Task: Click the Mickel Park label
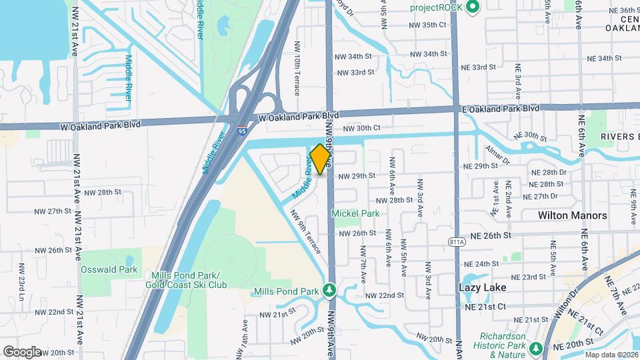[x=356, y=214]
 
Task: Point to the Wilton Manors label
[x=573, y=215]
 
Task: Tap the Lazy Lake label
[x=482, y=287]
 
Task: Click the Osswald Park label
[x=109, y=269]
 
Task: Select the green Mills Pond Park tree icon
[x=328, y=291]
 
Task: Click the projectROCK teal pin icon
[x=473, y=7]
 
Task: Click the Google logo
[x=22, y=351]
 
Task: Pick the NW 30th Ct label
[x=361, y=128]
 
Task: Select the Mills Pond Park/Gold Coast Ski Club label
[x=189, y=280]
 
